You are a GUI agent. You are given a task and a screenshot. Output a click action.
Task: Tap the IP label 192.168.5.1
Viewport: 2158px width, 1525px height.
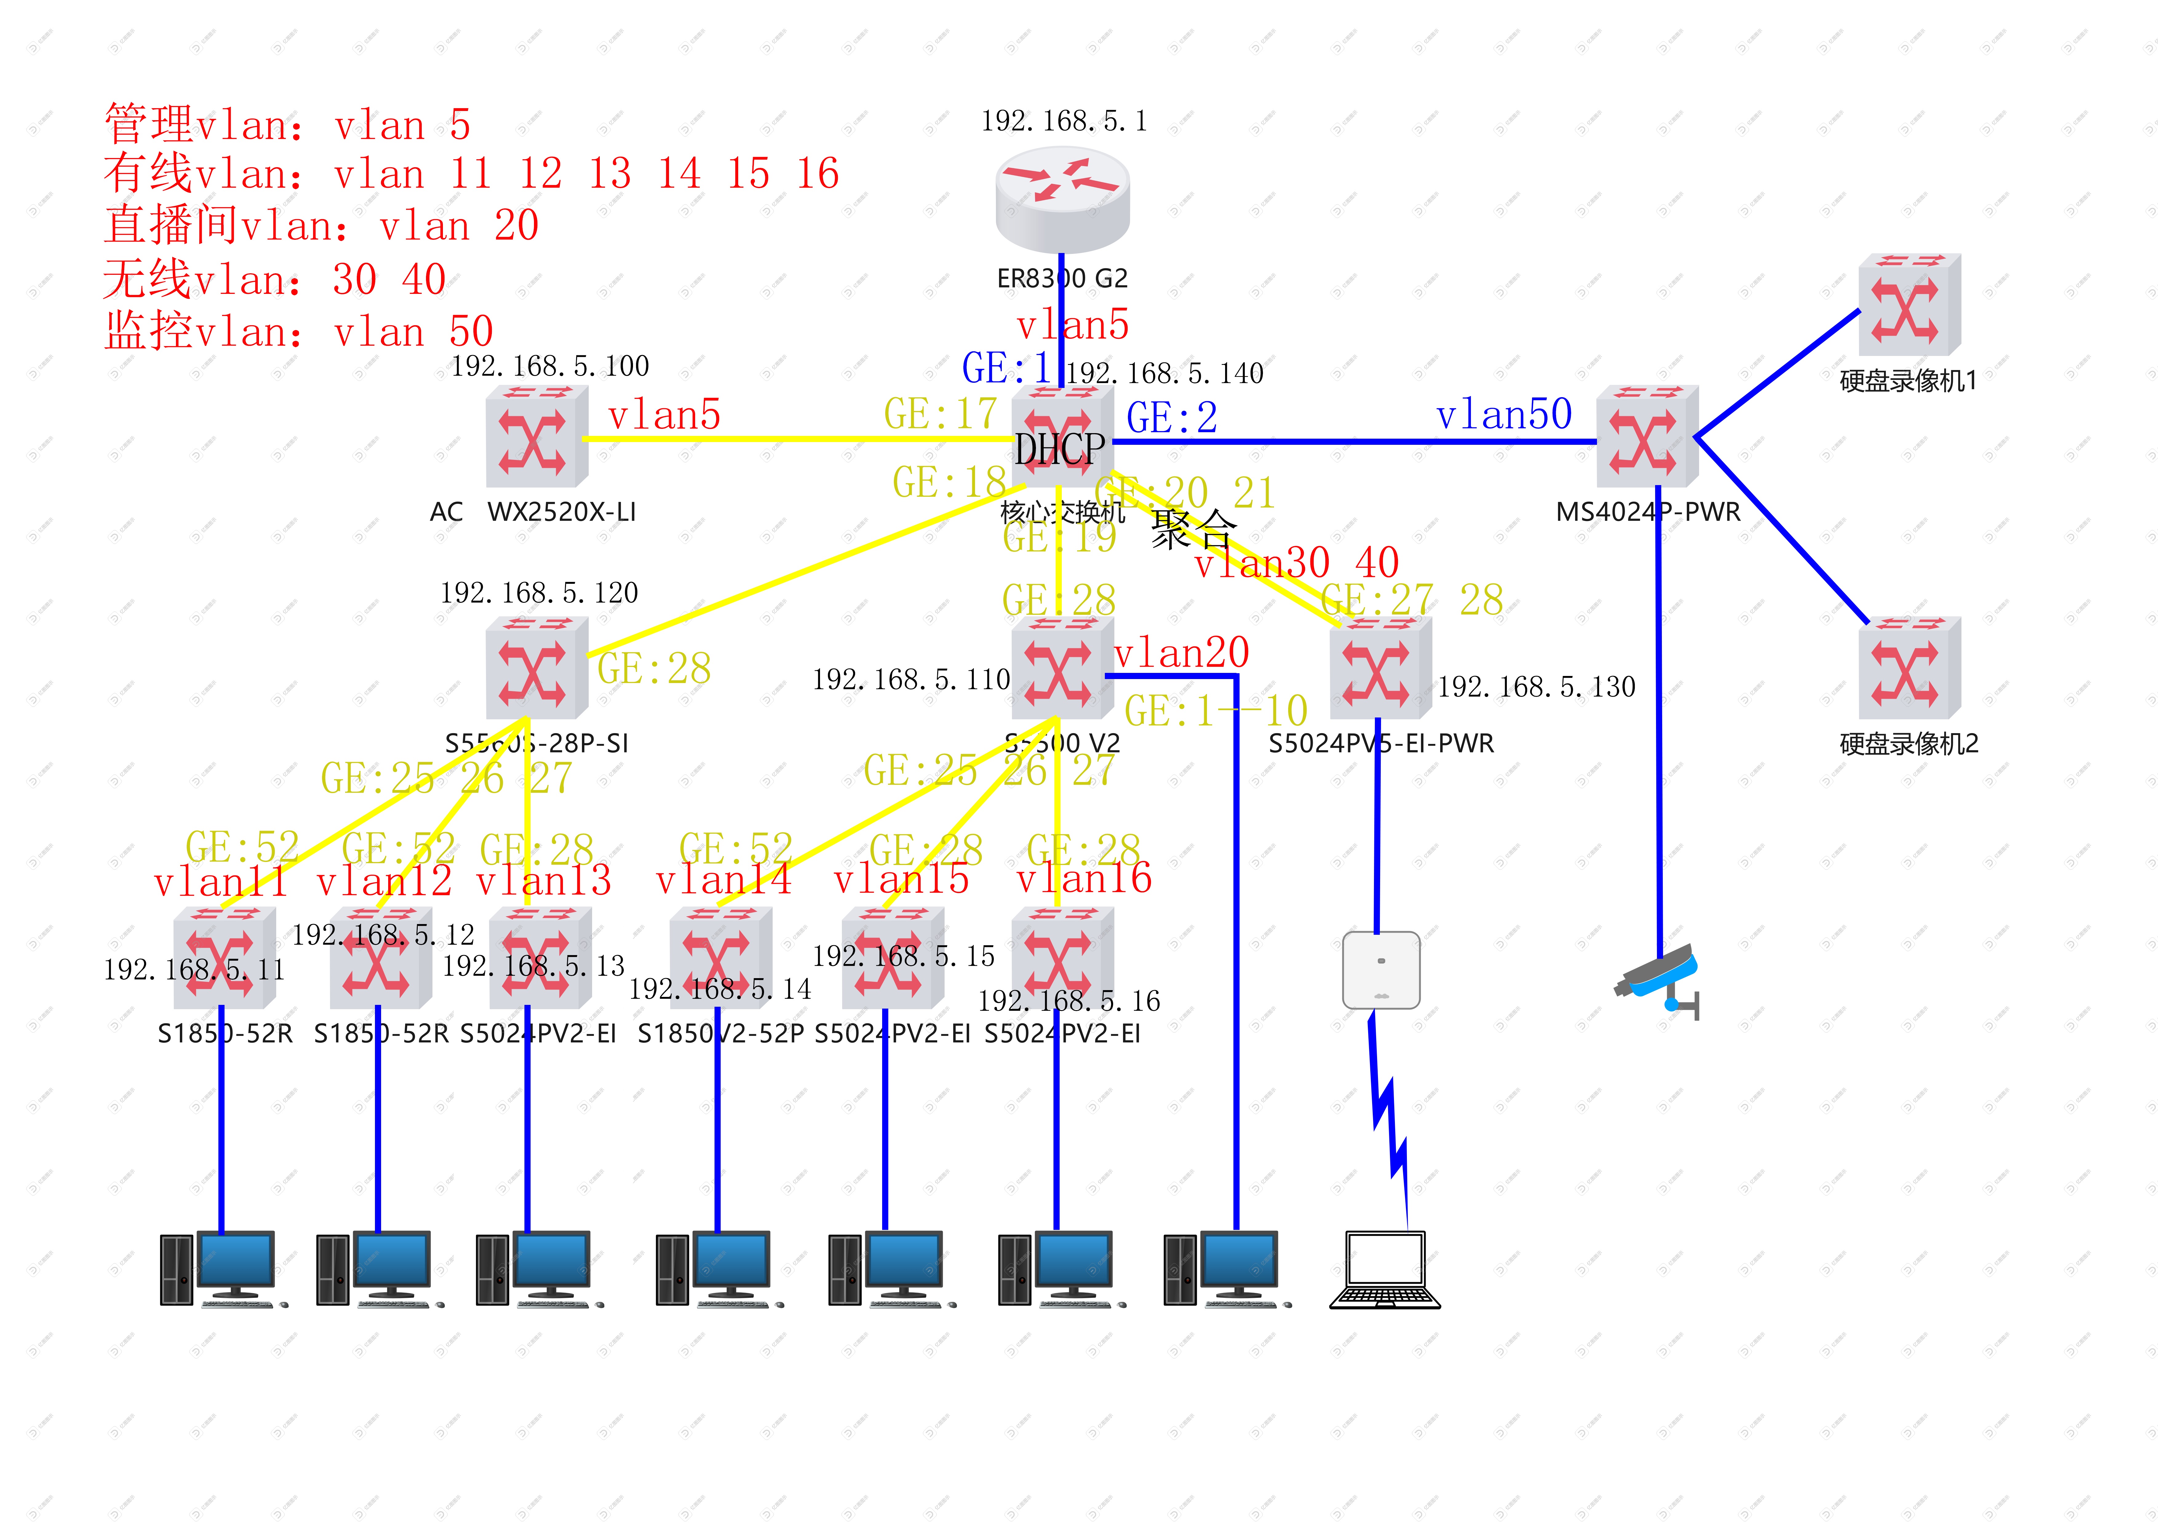click(1064, 121)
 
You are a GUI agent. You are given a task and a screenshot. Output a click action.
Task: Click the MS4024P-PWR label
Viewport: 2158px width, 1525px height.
click(1648, 512)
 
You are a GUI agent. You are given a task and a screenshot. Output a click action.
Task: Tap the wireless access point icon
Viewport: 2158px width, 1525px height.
click(1381, 970)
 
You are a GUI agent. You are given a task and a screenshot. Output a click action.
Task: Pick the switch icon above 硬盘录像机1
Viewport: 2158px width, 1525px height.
click(1909, 303)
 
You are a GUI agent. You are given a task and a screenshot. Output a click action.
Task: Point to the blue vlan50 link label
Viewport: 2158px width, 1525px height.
click(1504, 414)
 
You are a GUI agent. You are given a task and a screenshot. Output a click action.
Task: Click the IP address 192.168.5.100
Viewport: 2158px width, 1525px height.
click(550, 365)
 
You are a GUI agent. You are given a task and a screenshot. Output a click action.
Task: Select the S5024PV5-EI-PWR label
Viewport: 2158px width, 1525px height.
click(1381, 743)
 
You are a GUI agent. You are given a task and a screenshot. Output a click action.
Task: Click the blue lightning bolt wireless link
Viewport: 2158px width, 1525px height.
click(1388, 1118)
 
